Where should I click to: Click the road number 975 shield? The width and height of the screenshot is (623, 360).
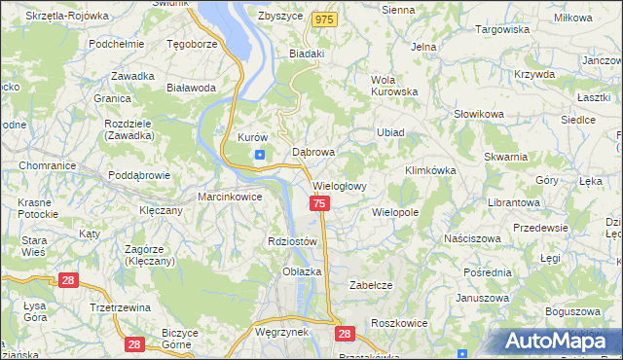pyautogui.click(x=325, y=19)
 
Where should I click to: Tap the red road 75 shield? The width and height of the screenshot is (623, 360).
pyautogui.click(x=319, y=202)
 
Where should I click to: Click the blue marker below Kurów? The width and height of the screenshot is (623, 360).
pyautogui.click(x=259, y=155)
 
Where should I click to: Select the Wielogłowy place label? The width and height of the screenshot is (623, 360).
pyautogui.click(x=339, y=186)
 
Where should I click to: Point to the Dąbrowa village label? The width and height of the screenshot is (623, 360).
pyautogui.click(x=313, y=153)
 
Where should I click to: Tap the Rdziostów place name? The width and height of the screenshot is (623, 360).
pyautogui.click(x=292, y=241)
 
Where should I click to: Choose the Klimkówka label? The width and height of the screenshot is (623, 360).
pyautogui.click(x=430, y=170)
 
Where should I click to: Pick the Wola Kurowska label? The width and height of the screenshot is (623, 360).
pyautogui.click(x=393, y=87)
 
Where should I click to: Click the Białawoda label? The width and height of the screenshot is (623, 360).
pyautogui.click(x=191, y=87)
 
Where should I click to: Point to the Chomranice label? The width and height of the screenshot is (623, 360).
pyautogui.click(x=40, y=165)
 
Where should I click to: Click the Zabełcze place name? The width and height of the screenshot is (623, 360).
pyautogui.click(x=370, y=285)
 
